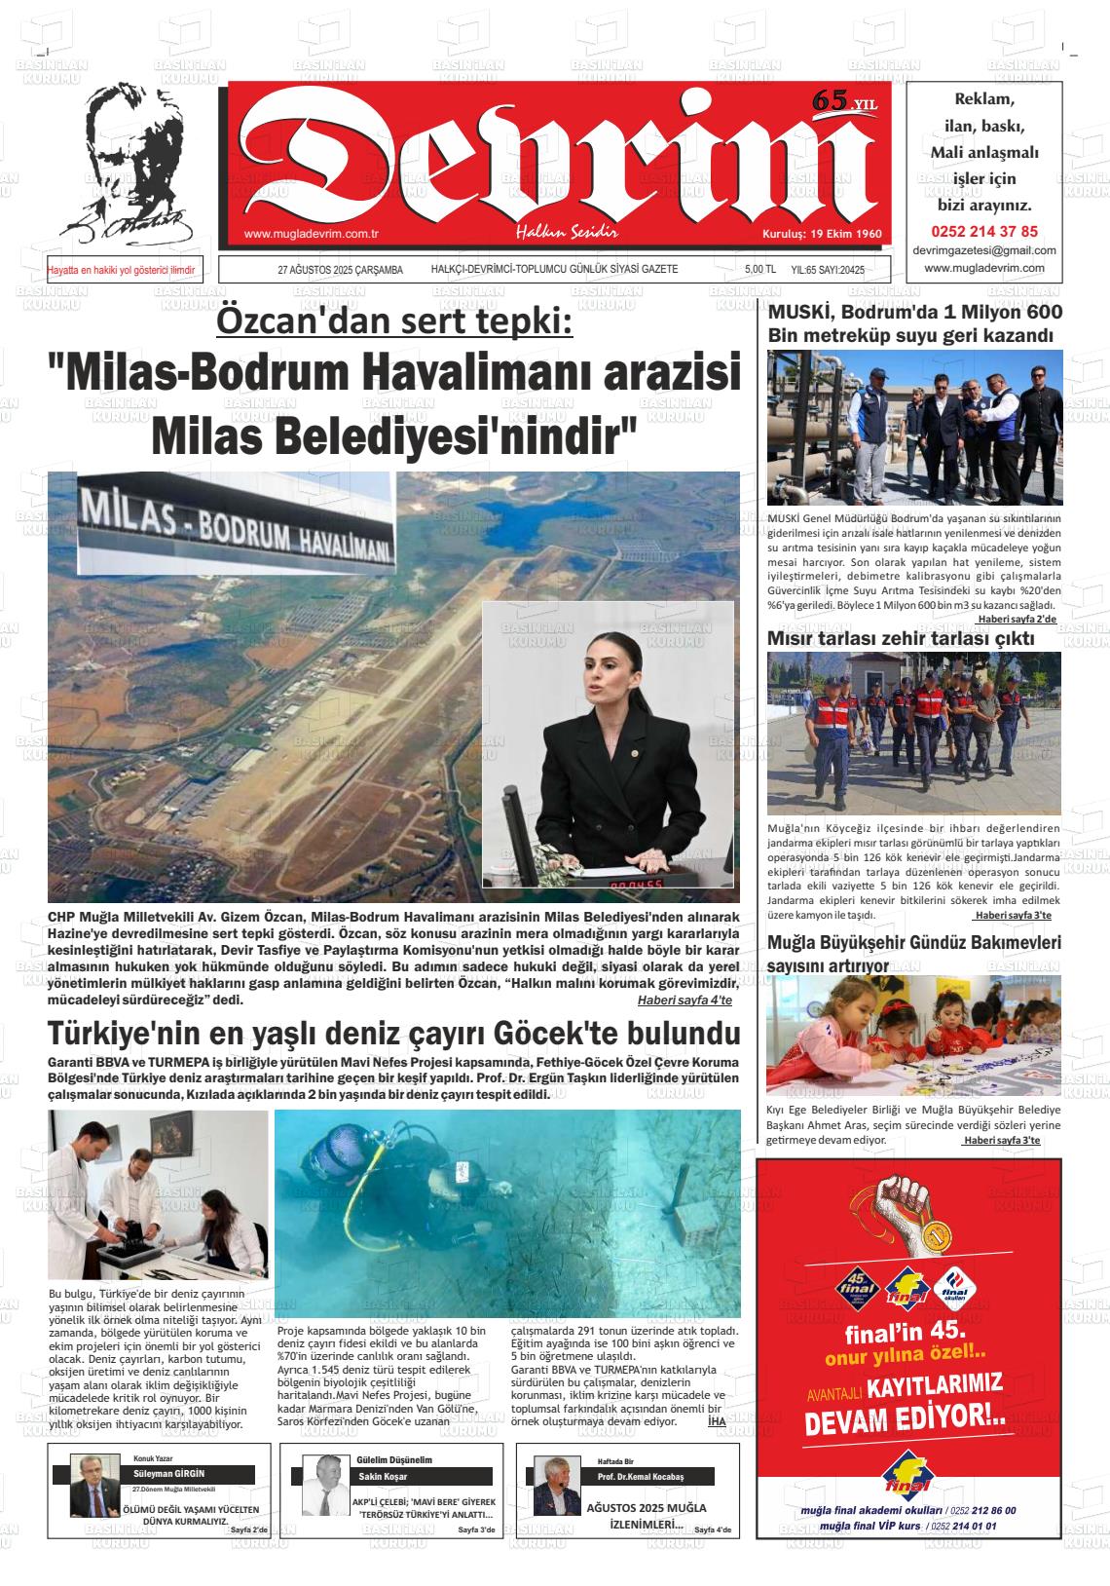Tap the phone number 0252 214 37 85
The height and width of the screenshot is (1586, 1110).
point(984,232)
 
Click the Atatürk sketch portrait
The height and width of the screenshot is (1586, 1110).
point(136,166)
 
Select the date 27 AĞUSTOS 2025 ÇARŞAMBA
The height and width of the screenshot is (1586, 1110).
point(340,270)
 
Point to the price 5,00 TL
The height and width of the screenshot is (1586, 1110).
point(759,270)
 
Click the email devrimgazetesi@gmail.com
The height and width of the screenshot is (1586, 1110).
point(984,250)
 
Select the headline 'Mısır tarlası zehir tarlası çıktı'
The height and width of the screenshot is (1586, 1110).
point(900,639)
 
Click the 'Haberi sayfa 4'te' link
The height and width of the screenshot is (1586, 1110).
point(684,1001)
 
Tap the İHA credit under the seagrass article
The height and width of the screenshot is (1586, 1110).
point(717,1421)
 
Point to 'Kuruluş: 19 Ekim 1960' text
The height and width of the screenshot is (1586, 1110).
point(821,235)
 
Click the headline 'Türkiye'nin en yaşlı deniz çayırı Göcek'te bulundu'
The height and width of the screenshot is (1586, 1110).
point(393,1034)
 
